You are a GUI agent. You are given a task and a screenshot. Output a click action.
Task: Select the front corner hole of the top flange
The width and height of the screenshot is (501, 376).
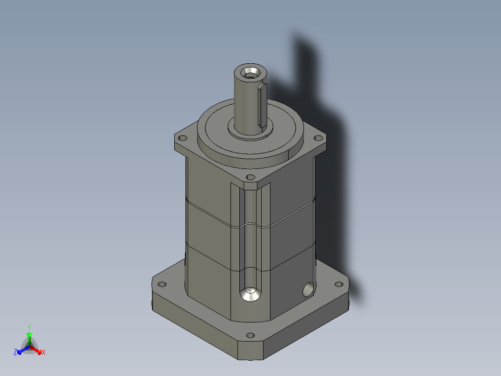click(250, 177)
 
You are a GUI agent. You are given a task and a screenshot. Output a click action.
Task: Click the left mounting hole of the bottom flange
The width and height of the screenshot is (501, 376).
click(162, 284)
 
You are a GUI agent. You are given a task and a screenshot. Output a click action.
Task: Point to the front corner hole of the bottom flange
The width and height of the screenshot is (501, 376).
click(250, 335)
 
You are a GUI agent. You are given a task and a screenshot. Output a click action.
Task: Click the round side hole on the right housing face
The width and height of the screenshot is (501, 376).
click(307, 290)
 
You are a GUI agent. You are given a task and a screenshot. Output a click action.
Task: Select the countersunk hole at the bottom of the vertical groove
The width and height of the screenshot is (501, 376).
click(250, 294)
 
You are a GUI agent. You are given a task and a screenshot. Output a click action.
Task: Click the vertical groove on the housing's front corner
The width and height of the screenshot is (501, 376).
click(250, 233)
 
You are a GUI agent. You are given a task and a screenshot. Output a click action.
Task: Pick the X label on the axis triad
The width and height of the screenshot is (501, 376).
click(44, 352)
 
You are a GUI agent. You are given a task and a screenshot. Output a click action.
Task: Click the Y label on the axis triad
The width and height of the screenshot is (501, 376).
click(29, 327)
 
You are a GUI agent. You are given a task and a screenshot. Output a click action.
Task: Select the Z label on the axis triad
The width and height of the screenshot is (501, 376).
click(15, 352)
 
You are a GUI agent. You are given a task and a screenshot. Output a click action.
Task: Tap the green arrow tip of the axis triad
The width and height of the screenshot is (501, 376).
click(29, 334)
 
